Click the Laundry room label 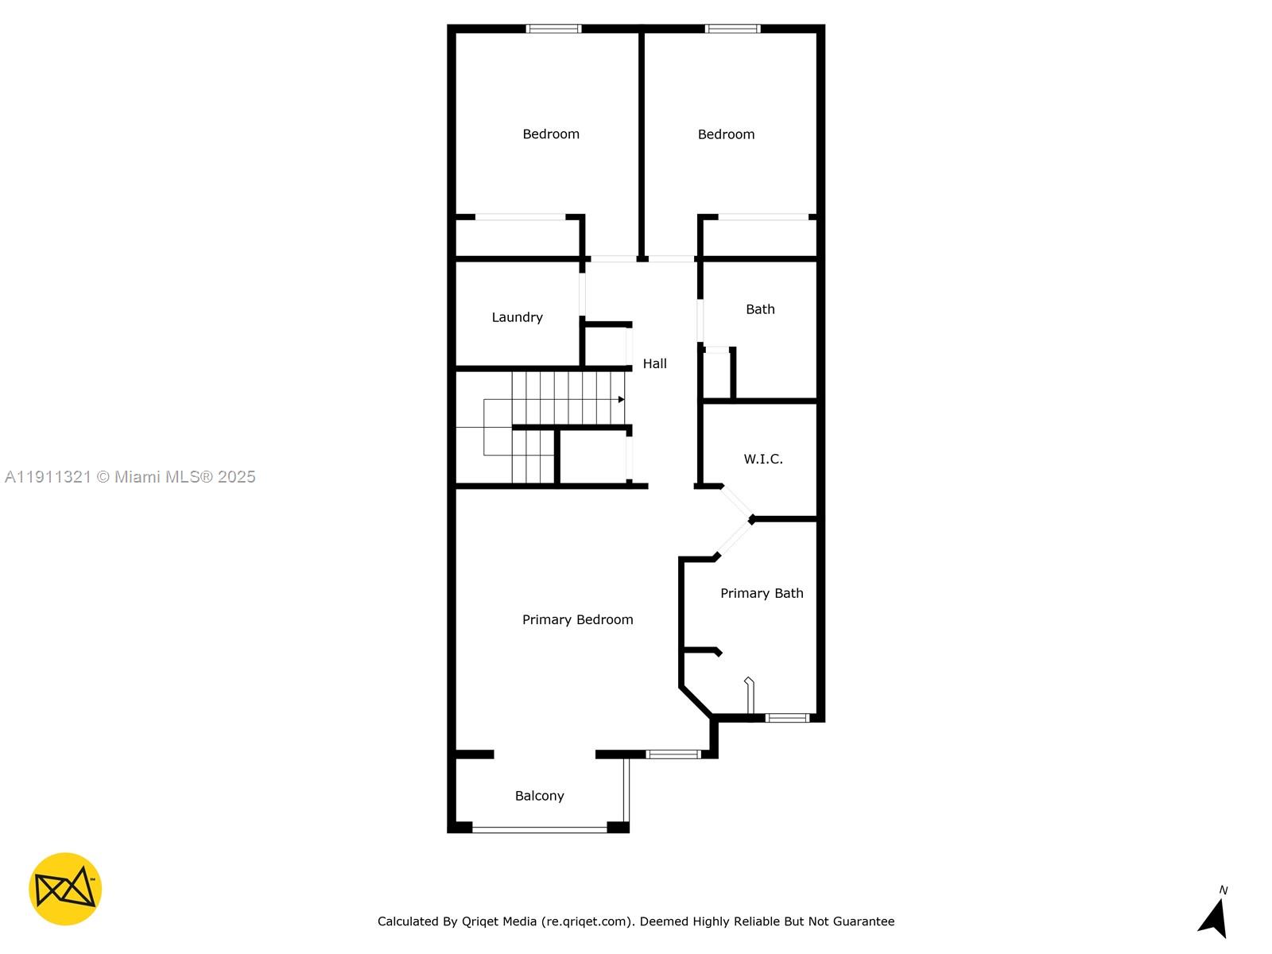coord(517,317)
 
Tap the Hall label coord(654,363)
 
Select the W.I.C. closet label coord(763,459)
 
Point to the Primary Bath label coord(762,593)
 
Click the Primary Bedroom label coord(577,619)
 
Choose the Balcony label coord(539,796)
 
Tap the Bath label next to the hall coord(760,309)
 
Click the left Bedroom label coord(550,134)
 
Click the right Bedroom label coord(726,134)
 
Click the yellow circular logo coord(65,889)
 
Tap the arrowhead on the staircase coord(621,399)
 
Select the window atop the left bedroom coord(553,29)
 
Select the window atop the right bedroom coord(732,29)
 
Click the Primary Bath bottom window coord(787,718)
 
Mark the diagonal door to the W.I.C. coord(736,502)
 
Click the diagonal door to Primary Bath coord(734,538)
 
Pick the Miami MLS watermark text coord(130,477)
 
